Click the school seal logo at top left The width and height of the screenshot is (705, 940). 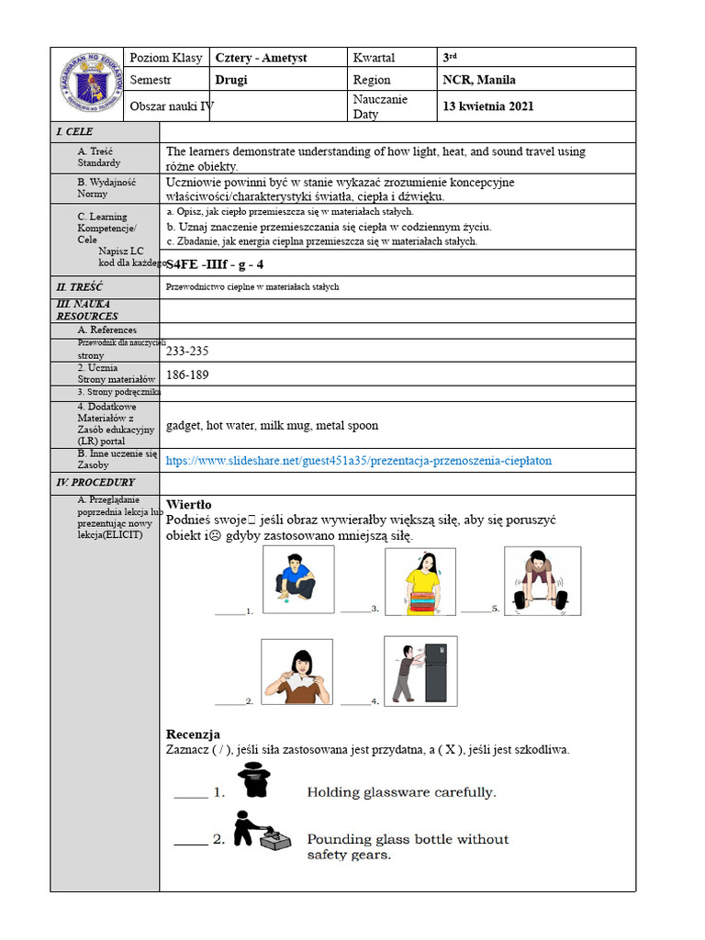pos(89,82)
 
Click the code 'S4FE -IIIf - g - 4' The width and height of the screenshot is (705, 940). pos(215,264)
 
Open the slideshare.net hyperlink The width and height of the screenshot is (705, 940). pos(359,461)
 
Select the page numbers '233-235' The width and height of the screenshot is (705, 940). pos(187,351)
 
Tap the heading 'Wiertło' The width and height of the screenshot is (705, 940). pos(188,504)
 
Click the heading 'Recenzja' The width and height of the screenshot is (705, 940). pos(193,734)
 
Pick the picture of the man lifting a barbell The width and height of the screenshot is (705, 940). pos(542,580)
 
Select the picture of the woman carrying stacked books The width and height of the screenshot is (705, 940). pos(420,581)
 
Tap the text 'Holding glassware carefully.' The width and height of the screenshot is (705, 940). pos(401,792)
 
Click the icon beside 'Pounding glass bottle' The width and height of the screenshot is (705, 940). pos(255,829)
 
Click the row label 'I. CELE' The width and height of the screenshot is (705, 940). pos(74,132)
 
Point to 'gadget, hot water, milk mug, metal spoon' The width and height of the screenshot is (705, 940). pos(272,426)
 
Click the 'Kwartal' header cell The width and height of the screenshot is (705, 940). pos(374,58)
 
